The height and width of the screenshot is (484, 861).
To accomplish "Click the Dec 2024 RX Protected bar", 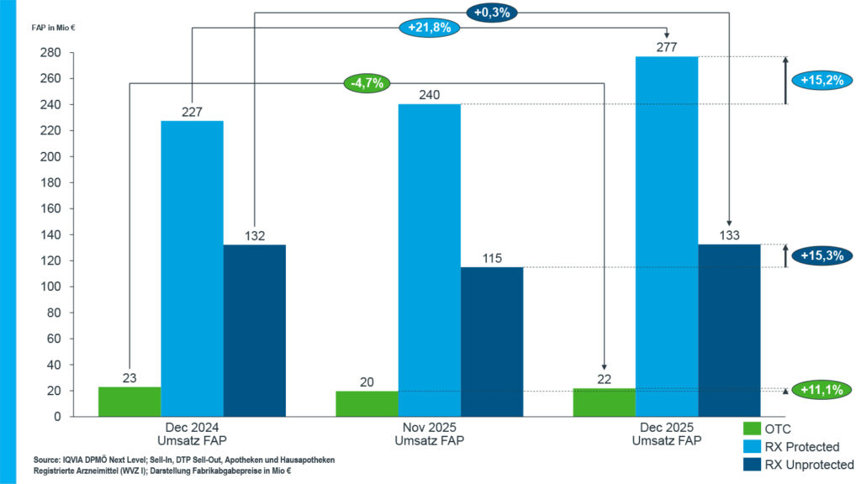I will pyautogui.click(x=192, y=269).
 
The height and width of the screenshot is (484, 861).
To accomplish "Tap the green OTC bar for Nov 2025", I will pyautogui.click(x=367, y=403).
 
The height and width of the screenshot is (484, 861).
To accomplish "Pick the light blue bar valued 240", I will pyautogui.click(x=430, y=260).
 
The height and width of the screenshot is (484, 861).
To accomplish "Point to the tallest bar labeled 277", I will pyautogui.click(x=667, y=236).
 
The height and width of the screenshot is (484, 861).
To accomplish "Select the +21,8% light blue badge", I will pyautogui.click(x=429, y=27).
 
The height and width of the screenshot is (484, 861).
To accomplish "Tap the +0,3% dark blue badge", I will pyautogui.click(x=491, y=12).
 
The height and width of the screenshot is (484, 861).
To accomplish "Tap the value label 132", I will pyautogui.click(x=254, y=236).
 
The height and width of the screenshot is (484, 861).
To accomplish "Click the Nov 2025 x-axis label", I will pyautogui.click(x=430, y=434).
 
